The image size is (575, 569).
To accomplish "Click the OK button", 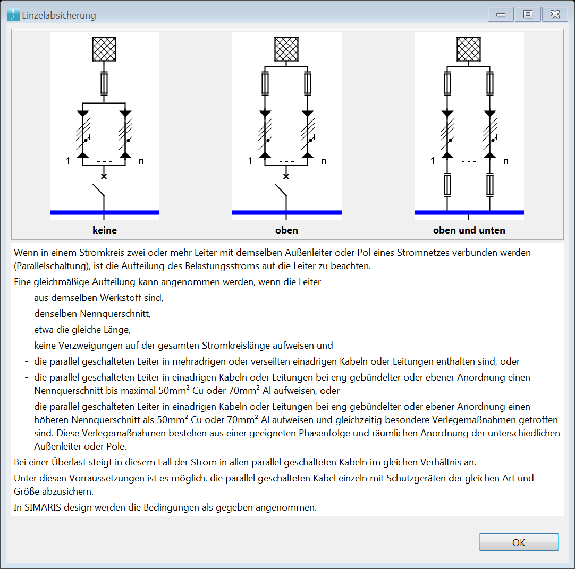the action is click(x=519, y=542).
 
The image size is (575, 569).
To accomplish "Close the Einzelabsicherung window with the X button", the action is click(x=555, y=14).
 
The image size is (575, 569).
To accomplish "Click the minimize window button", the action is click(x=501, y=14).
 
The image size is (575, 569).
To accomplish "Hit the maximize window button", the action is click(x=528, y=14).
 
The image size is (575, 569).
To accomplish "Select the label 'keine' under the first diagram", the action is click(x=105, y=230).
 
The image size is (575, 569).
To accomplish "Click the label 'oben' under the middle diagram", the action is click(x=287, y=230).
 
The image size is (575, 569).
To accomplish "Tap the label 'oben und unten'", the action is click(x=469, y=230).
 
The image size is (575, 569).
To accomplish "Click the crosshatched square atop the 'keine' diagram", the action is click(x=104, y=49).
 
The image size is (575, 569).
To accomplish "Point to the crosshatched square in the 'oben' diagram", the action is click(x=286, y=49).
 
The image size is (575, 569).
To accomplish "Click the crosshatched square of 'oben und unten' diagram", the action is click(x=469, y=49).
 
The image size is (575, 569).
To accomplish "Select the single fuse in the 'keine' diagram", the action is click(x=104, y=84).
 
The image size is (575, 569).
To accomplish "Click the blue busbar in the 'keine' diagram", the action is click(x=105, y=212).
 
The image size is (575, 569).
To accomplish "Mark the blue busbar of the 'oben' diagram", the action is click(x=287, y=212).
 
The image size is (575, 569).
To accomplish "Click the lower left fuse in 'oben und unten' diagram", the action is click(x=447, y=185).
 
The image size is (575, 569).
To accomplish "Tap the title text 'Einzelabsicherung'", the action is click(x=59, y=15).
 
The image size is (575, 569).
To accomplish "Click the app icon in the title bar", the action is click(x=13, y=15).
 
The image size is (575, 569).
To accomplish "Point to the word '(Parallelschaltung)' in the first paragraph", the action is click(x=52, y=266).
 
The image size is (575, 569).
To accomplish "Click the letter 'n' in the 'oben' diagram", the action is click(x=324, y=161).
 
